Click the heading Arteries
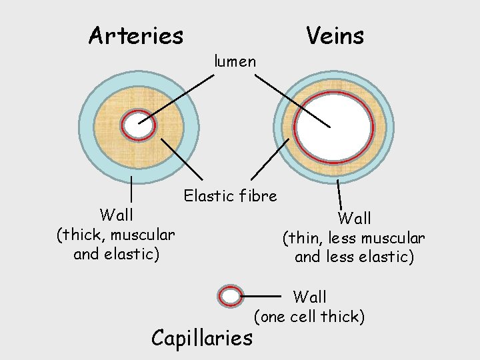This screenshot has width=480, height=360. coord(135,35)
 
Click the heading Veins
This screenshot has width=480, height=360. coord(335,35)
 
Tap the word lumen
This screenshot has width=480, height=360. coord(235,62)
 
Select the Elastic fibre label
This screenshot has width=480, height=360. coord(231,196)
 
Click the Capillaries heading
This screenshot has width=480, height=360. coord(202,338)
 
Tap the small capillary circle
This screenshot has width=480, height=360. coord(230,296)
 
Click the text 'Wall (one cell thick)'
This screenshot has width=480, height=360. coord(310,306)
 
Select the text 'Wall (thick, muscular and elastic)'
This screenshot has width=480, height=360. coord(116,235)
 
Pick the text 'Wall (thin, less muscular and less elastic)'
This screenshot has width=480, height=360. coord(354,237)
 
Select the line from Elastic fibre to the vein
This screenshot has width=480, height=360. coord(270,159)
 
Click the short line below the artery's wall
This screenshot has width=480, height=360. coord(132,189)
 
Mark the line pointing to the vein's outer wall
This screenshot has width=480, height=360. coord(339,194)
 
